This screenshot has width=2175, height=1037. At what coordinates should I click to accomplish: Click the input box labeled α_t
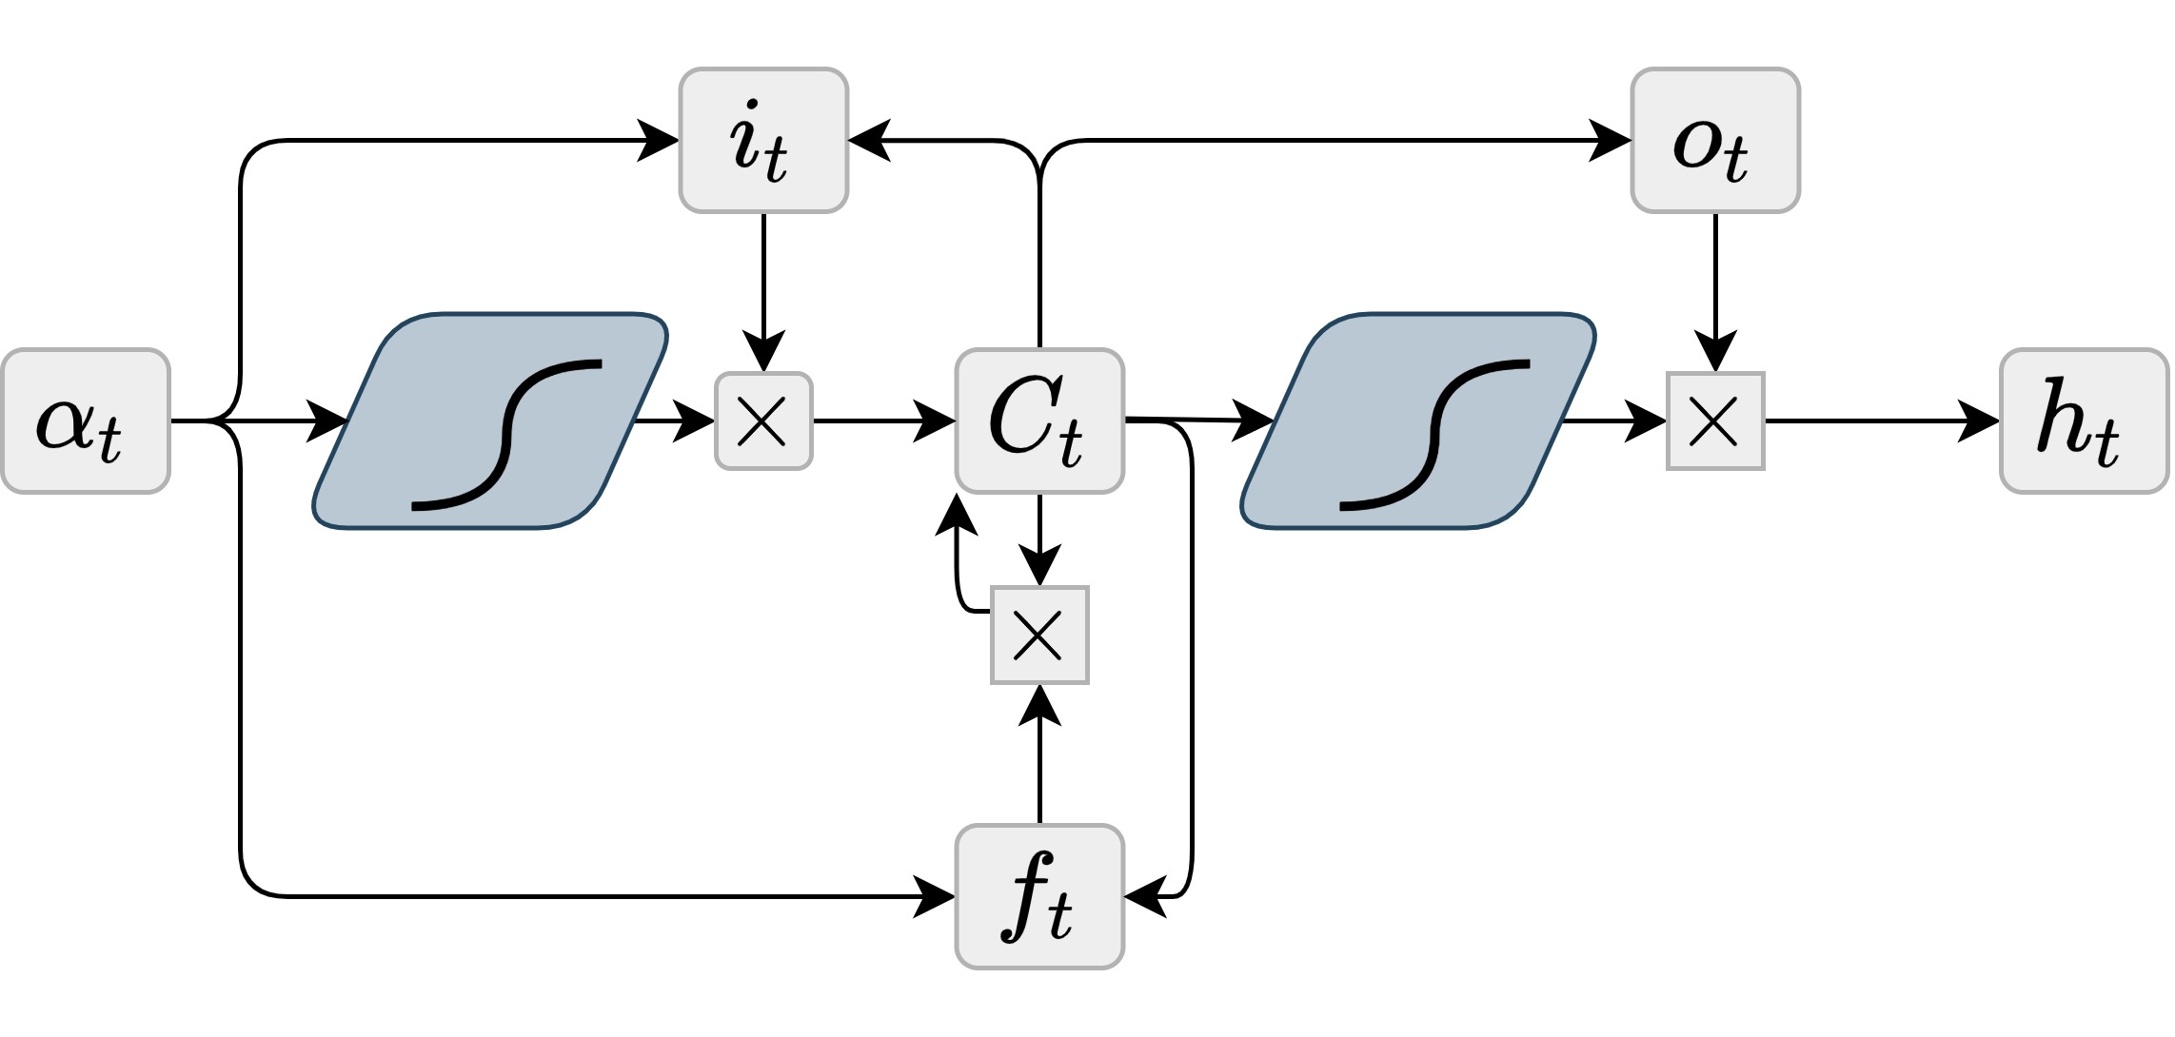[x=86, y=421]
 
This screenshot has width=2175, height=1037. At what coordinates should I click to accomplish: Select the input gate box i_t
[x=763, y=140]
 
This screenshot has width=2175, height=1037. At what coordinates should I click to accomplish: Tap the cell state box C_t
[x=1039, y=421]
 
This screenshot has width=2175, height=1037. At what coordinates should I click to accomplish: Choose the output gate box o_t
[x=1715, y=140]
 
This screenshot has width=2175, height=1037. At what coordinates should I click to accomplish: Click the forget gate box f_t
[x=1039, y=896]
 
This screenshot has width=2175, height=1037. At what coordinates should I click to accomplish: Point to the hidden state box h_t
[x=2084, y=421]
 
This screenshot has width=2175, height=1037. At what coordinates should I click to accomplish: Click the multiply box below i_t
[x=763, y=421]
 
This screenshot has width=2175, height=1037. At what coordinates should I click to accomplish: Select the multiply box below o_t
[x=1715, y=421]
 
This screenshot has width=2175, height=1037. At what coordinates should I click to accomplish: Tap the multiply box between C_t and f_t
[x=1039, y=635]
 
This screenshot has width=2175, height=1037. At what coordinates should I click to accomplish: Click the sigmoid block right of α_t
[x=490, y=421]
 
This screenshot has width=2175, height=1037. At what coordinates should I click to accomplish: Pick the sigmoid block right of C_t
[x=1418, y=421]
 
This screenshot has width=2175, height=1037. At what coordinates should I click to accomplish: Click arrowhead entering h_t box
[x=1980, y=421]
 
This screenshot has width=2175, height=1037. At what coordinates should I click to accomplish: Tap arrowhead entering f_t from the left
[x=935, y=896]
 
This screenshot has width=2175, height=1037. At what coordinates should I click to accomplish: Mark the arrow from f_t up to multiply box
[x=1039, y=771]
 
